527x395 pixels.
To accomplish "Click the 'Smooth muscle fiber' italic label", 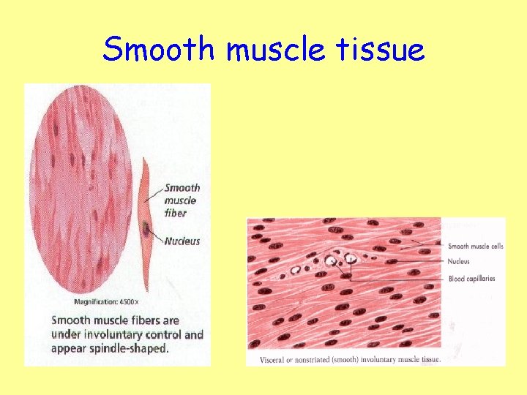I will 182,200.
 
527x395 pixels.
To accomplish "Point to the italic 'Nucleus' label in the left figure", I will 182,241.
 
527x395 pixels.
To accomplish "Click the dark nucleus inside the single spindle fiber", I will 149,229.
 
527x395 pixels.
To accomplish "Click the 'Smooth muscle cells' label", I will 475,247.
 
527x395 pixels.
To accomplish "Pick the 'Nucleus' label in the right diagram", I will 458,261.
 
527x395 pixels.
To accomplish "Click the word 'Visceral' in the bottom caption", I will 273,359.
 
